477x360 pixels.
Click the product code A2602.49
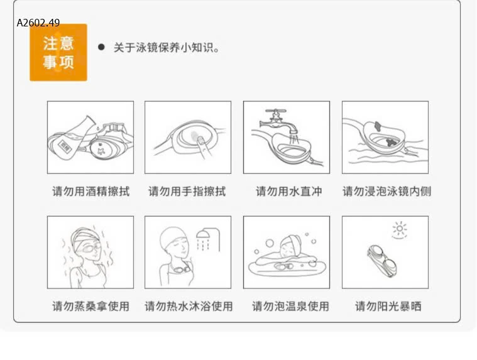38,23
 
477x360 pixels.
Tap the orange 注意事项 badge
58,53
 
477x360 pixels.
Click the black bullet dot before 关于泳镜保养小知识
101,47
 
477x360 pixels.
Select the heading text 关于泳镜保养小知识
167,48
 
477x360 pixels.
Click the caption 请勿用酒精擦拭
90,191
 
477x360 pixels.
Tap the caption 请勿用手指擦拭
187,191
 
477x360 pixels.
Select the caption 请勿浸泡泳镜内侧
387,191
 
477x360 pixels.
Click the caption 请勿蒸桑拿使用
90,306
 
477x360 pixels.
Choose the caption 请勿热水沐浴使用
189,306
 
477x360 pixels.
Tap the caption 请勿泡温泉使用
290,306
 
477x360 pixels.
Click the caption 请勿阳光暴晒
388,306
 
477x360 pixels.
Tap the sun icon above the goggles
398,229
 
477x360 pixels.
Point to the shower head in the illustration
203,236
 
